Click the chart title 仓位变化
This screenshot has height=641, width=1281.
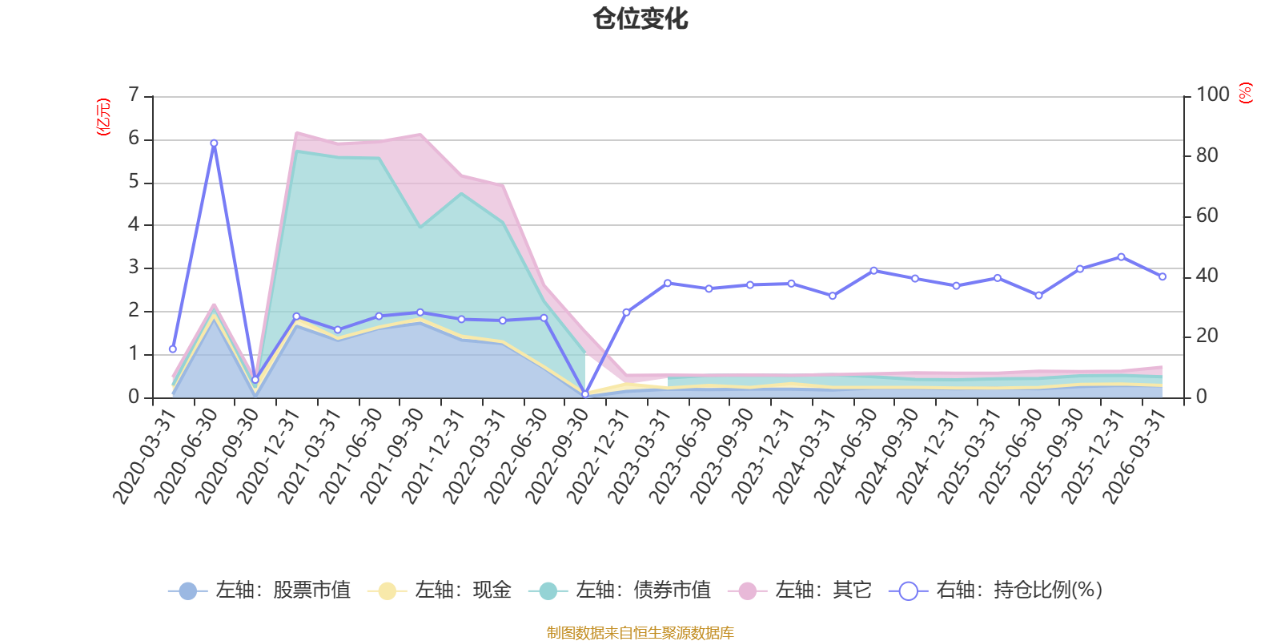640,19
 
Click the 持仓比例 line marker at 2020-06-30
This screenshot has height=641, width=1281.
214,143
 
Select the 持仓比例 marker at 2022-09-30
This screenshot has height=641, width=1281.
585,394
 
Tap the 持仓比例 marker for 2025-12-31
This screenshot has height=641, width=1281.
1121,257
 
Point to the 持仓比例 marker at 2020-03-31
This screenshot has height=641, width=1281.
173,349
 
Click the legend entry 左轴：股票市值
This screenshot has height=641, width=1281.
259,590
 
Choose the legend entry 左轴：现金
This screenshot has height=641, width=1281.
440,590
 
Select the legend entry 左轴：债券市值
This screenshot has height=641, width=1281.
620,590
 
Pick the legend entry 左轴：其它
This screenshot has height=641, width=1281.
800,590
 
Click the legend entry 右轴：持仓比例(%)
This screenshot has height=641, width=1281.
996,590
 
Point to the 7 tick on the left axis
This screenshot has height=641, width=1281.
134,95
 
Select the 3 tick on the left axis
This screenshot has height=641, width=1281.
134,268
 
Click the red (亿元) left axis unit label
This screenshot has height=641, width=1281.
103,117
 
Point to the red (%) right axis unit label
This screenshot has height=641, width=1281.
1246,93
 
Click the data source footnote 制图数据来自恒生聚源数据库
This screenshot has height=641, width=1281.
640,632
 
